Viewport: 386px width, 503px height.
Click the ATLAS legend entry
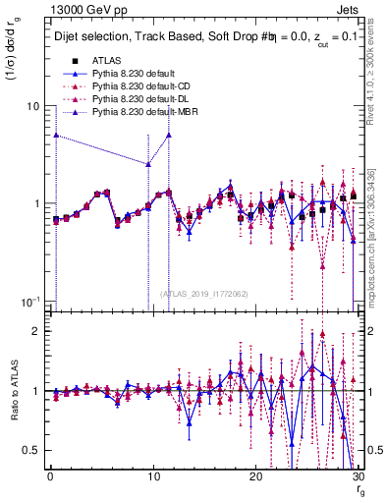tap(105, 61)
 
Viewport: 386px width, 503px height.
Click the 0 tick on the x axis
tap(49, 477)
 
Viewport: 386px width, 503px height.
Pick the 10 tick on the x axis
tap(152, 477)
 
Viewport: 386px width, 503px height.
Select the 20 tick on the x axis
tap(255, 477)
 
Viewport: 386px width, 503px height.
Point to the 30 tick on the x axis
tap(358, 477)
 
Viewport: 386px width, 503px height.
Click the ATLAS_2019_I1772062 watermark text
tap(202, 292)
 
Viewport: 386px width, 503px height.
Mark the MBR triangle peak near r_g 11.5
tap(169, 135)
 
